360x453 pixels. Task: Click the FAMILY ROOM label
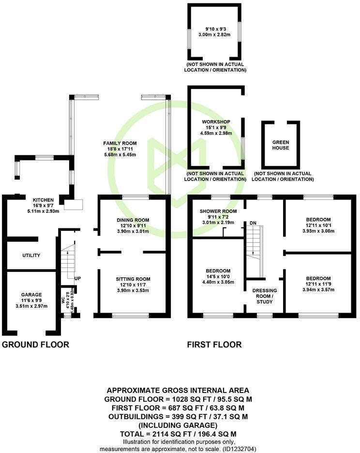[120, 143]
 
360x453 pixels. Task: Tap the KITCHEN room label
[43, 200]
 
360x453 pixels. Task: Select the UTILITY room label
[31, 256]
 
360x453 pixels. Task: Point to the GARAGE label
[31, 295]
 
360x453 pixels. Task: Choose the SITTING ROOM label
[133, 279]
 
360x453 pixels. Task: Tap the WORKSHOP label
[216, 121]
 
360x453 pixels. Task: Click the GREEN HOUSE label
[280, 145]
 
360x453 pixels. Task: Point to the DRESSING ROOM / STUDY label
[265, 296]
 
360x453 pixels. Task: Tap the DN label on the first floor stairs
[253, 223]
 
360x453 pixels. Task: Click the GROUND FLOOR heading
[36, 345]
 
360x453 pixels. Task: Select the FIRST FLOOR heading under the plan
[214, 345]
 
